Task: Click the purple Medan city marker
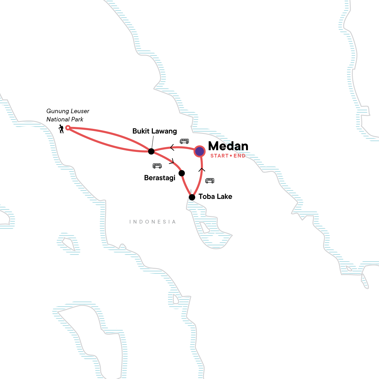(x=200, y=152)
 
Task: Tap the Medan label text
(x=228, y=146)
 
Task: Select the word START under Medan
(x=219, y=156)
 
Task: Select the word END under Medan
(x=239, y=156)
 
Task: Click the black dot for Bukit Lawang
(x=151, y=151)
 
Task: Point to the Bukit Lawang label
(x=154, y=131)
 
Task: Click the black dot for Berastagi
(x=182, y=173)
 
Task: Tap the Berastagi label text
(x=159, y=178)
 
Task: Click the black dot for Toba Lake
(x=192, y=197)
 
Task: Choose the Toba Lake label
(x=215, y=196)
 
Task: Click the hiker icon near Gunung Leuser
(x=61, y=129)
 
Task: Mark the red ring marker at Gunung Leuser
(x=67, y=128)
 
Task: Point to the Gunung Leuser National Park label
(x=68, y=115)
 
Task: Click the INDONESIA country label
(x=153, y=222)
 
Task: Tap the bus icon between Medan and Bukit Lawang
(x=184, y=141)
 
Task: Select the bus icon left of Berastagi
(x=157, y=166)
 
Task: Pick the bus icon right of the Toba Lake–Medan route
(x=210, y=181)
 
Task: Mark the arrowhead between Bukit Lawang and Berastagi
(x=172, y=162)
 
